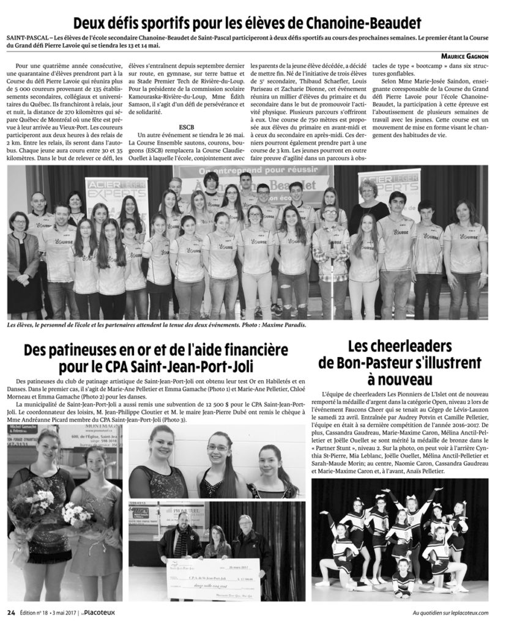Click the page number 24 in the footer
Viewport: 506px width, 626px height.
pyautogui.click(x=11, y=613)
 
